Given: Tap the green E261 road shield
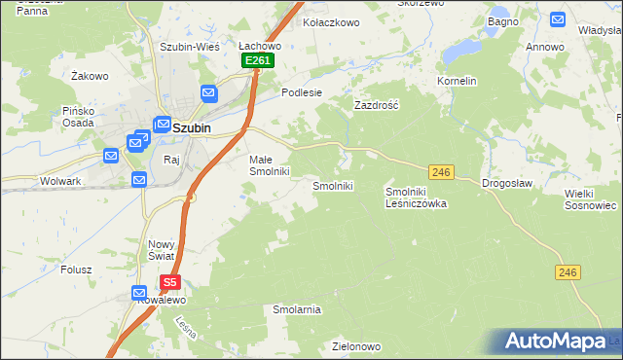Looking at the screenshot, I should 258,60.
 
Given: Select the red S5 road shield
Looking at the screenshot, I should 170,282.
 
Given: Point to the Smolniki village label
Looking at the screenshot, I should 331,185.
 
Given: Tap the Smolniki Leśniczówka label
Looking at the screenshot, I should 416,198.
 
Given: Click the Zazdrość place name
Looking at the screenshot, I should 378,104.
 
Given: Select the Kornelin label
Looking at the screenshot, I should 457,81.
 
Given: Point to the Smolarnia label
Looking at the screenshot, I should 297,309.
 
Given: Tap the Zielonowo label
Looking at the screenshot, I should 355,345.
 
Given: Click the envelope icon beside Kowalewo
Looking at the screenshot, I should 140,292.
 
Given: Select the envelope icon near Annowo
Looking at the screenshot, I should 558,18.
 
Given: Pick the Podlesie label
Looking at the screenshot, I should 301,92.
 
